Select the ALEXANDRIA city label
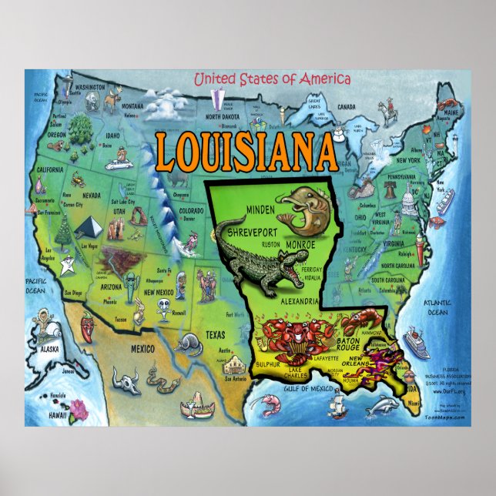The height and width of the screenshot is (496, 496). pos(290,302)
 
